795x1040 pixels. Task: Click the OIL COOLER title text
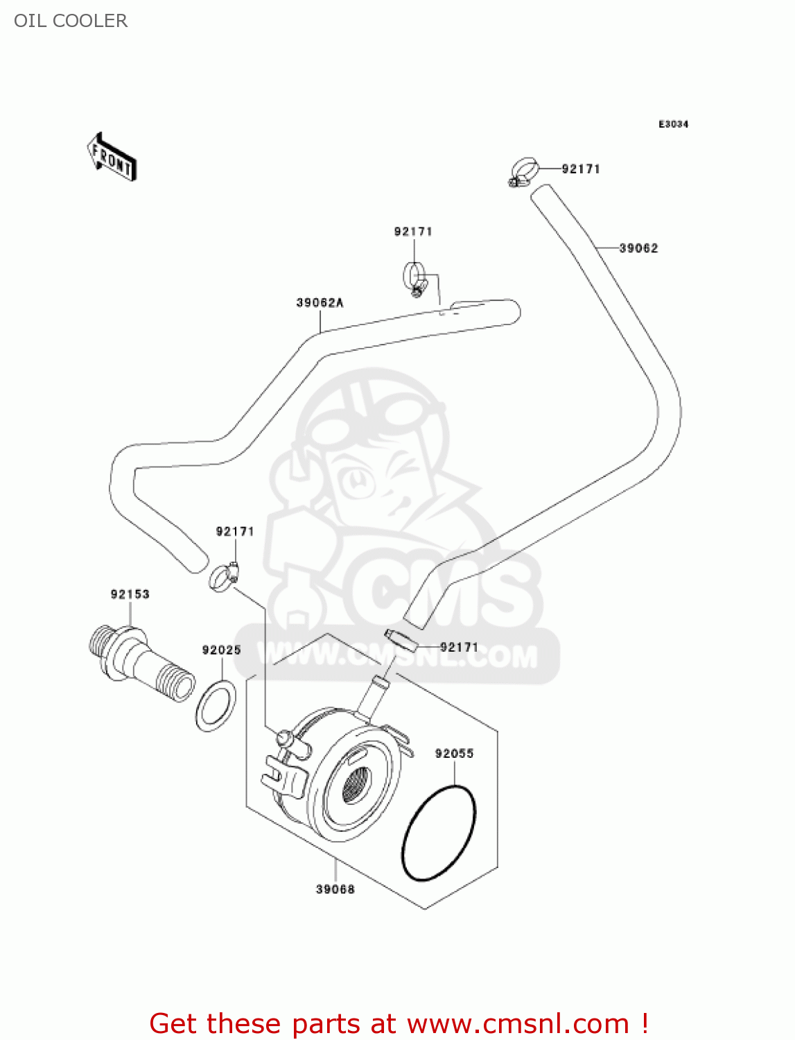pos(71,21)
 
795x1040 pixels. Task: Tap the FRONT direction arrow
pos(112,157)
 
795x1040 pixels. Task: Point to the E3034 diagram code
pos(673,124)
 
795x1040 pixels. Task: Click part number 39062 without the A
pos(638,248)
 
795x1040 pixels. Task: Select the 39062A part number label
pos(320,302)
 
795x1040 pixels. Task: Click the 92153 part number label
pos(130,594)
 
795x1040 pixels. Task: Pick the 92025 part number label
pos(221,650)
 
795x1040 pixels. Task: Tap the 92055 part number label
pos(454,753)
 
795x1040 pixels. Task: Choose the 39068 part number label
pos(335,889)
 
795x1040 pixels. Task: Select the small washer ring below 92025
pos(216,705)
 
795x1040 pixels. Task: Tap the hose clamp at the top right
pos(524,171)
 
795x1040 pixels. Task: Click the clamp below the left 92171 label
pos(223,577)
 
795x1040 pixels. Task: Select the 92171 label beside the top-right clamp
pos(581,168)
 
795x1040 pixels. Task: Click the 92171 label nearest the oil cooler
pos(459,647)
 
